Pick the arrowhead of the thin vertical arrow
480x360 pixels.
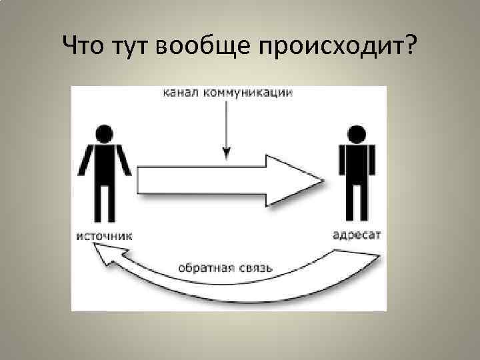pyautogui.click(x=227, y=154)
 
